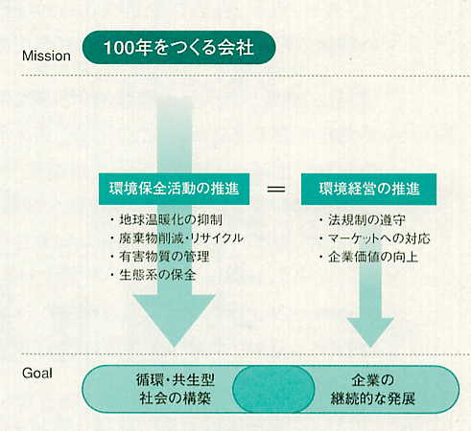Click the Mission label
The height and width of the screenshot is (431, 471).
pos(46,56)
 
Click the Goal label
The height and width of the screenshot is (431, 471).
pos(37,374)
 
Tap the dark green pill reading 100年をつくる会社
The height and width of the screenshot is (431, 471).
pos(179,48)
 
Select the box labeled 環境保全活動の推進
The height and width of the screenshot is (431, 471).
pos(174,189)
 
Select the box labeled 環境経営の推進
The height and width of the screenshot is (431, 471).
pos(368,189)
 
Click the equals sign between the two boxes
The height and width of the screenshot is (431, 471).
pos(276,190)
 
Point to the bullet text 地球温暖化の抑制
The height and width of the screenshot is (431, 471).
pos(171,219)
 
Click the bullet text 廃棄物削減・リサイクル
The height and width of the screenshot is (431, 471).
pos(181,238)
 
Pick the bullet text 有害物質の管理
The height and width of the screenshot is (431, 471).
pos(164,257)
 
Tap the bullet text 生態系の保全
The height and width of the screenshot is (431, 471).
pos(157,275)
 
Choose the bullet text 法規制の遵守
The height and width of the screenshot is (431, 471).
pos(366,220)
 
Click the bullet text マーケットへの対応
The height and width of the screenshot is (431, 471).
pos(379,238)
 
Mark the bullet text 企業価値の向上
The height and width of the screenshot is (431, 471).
pos(373,257)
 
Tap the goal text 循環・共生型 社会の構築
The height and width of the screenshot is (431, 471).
pos(176,389)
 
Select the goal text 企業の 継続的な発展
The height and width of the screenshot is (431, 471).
pos(373,389)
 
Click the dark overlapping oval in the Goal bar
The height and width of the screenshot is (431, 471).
pos(273,389)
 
